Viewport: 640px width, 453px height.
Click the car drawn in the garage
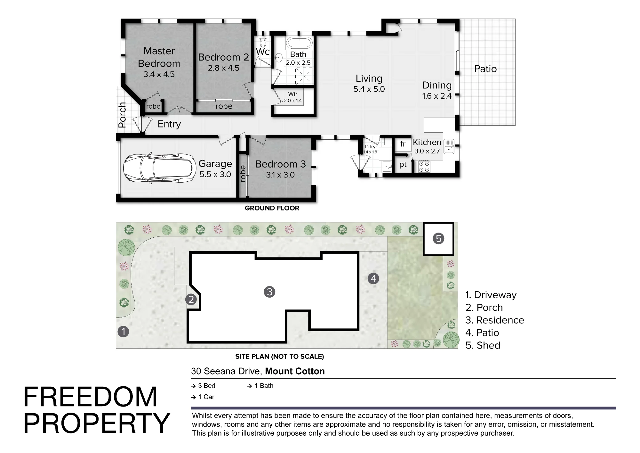point(160,168)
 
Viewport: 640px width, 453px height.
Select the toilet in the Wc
point(263,41)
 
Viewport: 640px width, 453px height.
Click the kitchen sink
point(449,146)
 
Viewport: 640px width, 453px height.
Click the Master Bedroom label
point(159,57)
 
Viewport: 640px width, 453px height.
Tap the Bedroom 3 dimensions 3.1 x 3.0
point(280,175)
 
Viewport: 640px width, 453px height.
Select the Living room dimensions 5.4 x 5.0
point(369,89)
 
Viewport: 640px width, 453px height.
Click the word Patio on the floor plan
point(485,69)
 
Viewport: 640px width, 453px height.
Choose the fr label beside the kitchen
point(403,144)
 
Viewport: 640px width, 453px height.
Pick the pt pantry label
point(403,165)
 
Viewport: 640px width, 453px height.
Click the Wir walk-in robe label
point(293,94)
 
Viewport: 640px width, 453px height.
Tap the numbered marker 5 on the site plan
point(438,238)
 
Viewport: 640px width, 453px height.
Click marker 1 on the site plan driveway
point(124,331)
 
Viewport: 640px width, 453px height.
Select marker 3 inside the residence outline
point(269,292)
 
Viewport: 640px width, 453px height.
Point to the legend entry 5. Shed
point(483,345)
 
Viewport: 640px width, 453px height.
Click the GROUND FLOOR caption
point(272,208)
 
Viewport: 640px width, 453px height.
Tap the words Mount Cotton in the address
point(295,371)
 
